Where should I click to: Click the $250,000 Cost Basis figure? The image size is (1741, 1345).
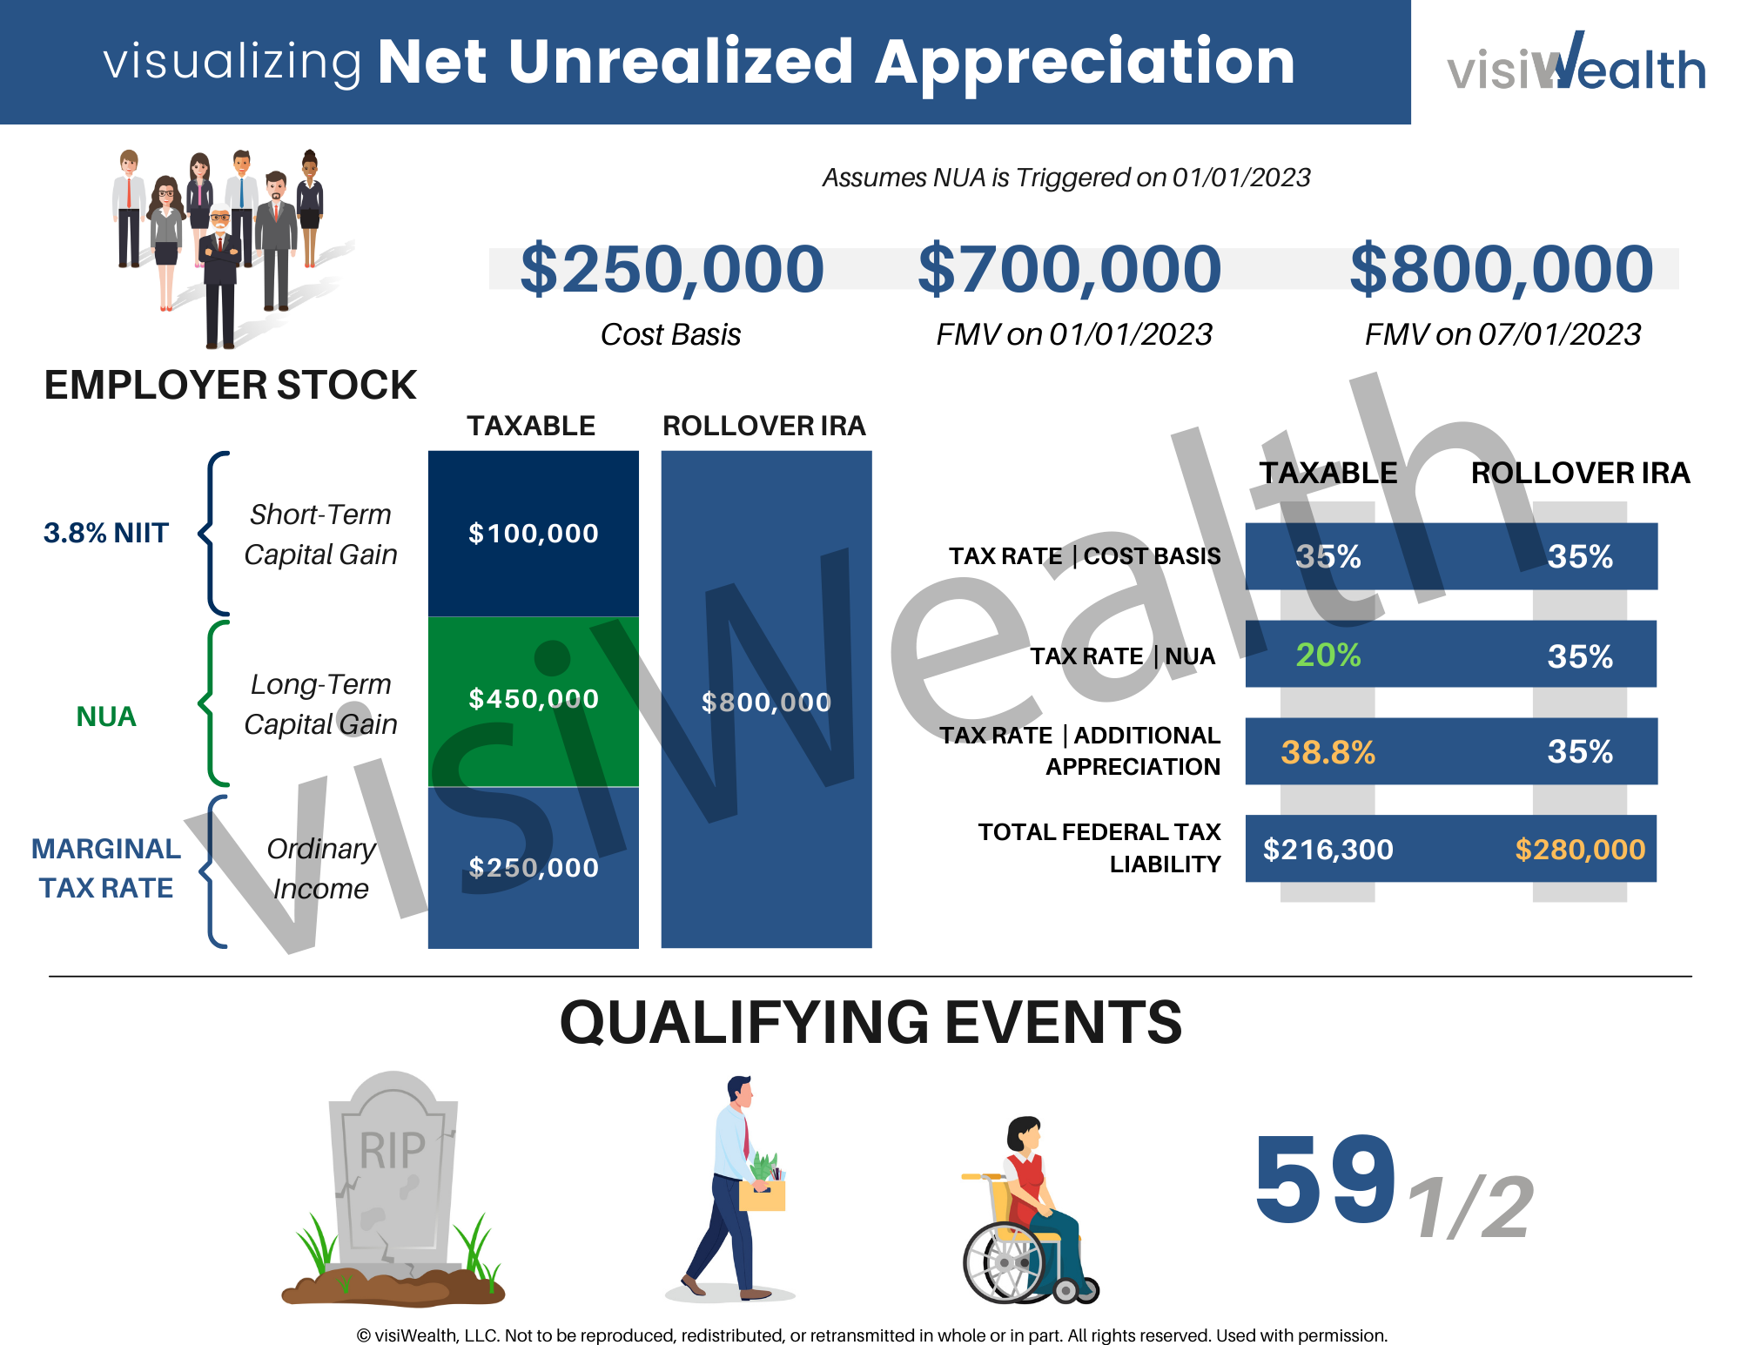[671, 269]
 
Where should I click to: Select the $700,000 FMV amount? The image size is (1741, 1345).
[1070, 269]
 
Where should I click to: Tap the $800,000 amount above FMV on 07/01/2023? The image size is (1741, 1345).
[1502, 269]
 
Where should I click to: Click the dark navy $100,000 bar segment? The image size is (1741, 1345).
[533, 533]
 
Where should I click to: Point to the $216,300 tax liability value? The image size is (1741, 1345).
[1328, 850]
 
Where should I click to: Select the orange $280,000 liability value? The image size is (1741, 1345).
[1580, 850]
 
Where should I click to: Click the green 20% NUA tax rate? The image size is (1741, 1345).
[1328, 655]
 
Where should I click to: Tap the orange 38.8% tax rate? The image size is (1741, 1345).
[1328, 752]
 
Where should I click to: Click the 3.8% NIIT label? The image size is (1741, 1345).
[105, 533]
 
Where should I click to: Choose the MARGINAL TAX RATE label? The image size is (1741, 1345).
[105, 868]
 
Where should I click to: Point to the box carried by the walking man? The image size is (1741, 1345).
[762, 1194]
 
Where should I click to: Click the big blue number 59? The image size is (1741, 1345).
[1325, 1180]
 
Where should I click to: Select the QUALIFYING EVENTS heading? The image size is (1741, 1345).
[870, 1022]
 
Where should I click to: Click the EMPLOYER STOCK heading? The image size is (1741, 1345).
[230, 385]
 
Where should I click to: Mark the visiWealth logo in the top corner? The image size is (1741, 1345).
[1576, 63]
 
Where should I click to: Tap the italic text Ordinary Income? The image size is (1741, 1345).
[320, 868]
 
